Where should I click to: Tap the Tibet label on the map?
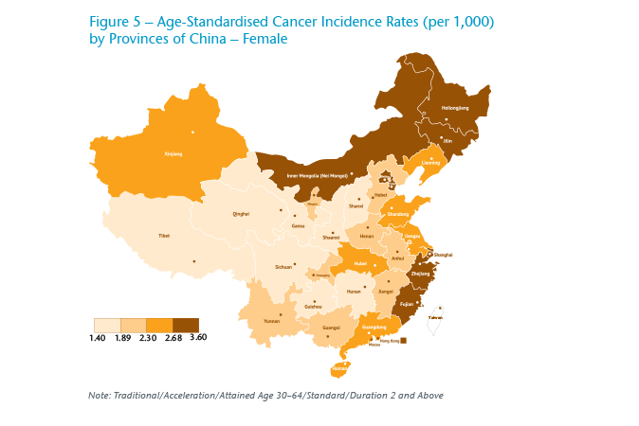coord(164,235)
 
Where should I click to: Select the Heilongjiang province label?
coord(457,108)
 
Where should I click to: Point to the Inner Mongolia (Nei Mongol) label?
coord(316,175)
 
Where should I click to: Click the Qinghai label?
coord(241,214)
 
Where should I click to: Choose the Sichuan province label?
coord(283,267)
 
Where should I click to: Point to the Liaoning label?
coord(431,162)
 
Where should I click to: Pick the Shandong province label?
coord(398,215)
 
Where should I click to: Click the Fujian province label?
coord(406,304)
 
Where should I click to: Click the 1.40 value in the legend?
coord(97,337)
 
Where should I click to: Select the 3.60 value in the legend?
coord(198,337)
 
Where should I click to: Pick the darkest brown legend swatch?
coord(185,325)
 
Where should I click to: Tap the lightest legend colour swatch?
coord(106,325)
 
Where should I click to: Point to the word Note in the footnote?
coord(98,395)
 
